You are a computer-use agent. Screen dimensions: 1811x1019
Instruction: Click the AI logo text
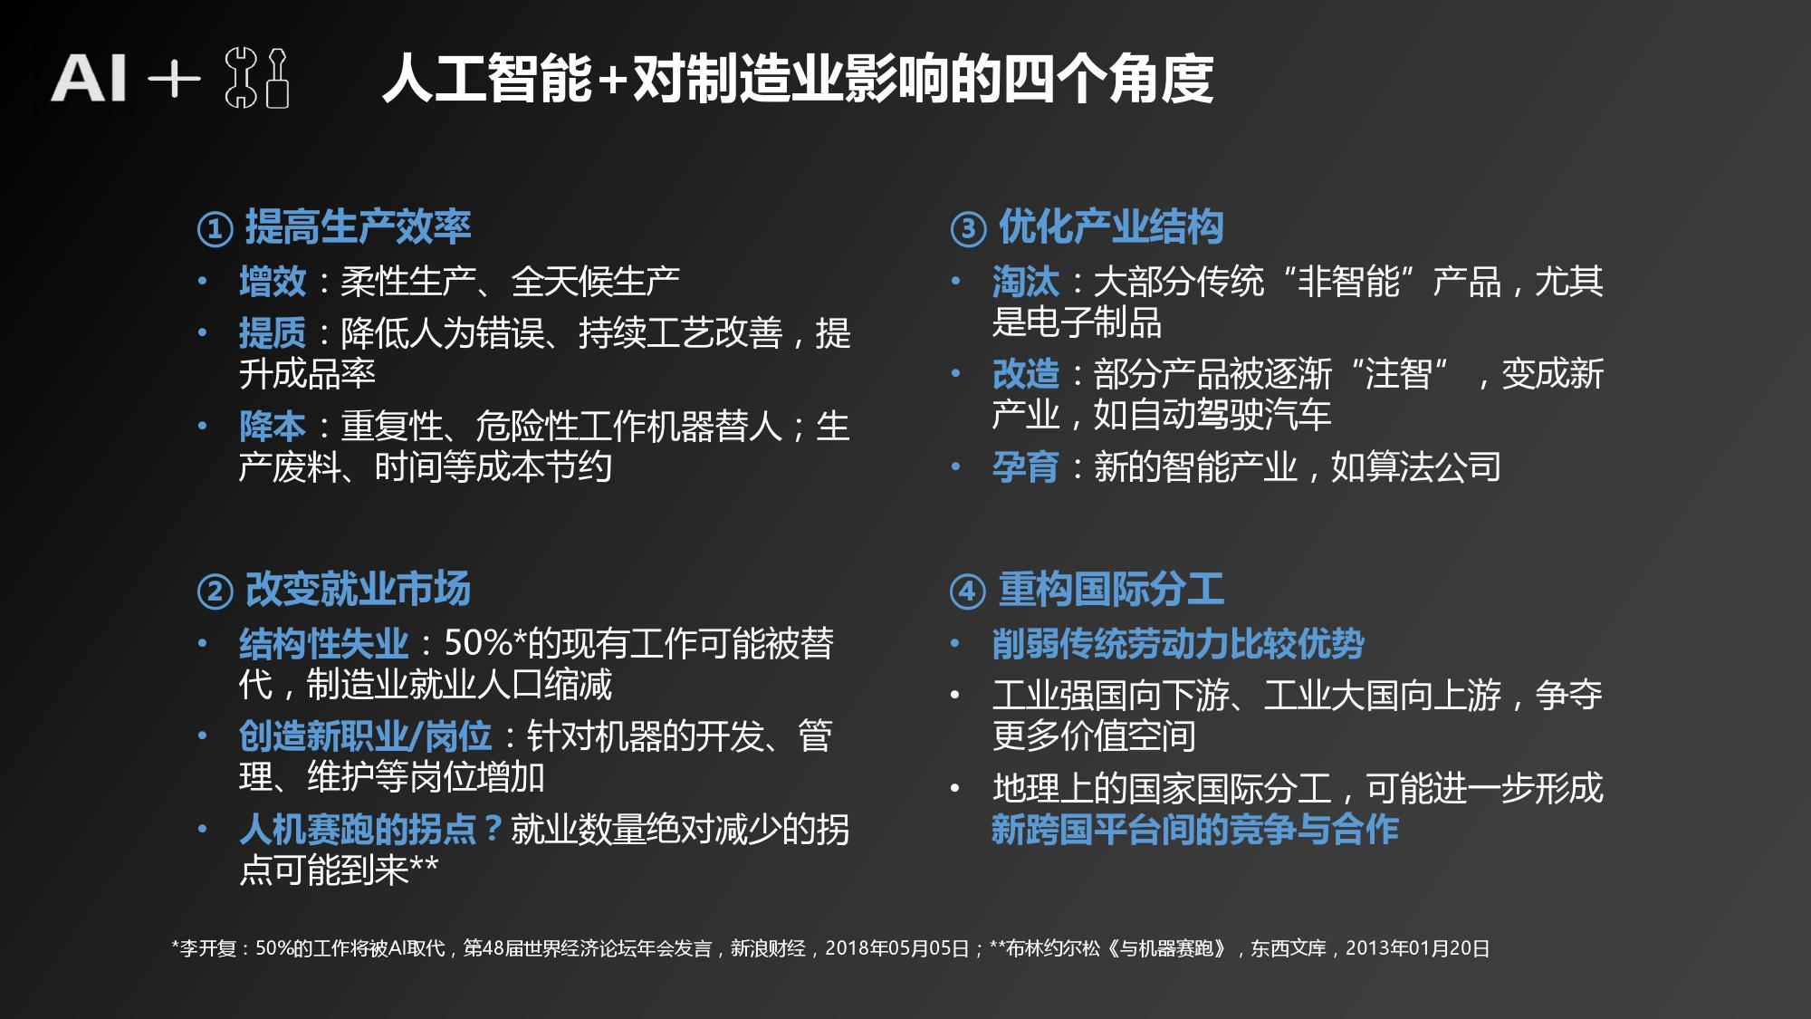[x=88, y=78]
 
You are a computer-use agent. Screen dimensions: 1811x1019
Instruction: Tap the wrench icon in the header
[x=241, y=79]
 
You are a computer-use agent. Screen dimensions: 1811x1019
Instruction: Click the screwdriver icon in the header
[x=277, y=79]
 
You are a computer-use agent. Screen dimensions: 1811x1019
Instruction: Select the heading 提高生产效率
[x=358, y=226]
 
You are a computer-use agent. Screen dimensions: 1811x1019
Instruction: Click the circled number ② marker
[x=216, y=591]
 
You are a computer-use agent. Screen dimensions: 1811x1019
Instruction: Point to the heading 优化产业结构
[x=1111, y=226]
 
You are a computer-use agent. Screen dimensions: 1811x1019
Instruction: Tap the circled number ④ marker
[x=968, y=591]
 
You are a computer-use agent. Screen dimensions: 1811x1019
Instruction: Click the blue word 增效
[x=273, y=282]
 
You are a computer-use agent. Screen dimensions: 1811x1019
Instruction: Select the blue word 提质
[x=273, y=333]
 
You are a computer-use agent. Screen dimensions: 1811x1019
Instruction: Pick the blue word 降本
[x=273, y=427]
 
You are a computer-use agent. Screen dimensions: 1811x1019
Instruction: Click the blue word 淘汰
[x=1026, y=282]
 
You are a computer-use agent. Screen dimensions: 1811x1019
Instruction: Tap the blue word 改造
[x=1026, y=374]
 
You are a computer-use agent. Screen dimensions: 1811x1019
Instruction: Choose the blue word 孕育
[x=1026, y=467]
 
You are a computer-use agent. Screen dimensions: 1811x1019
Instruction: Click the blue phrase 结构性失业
[x=324, y=644]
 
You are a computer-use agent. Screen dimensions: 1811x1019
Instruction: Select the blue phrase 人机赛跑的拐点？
[x=372, y=830]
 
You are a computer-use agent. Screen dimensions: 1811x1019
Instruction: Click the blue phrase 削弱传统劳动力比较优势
[x=1178, y=644]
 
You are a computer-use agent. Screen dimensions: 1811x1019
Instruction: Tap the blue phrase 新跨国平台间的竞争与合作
[x=1195, y=830]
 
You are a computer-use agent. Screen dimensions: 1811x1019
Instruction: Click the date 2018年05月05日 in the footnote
[x=897, y=948]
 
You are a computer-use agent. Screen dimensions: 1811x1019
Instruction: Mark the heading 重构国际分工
[x=1111, y=590]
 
